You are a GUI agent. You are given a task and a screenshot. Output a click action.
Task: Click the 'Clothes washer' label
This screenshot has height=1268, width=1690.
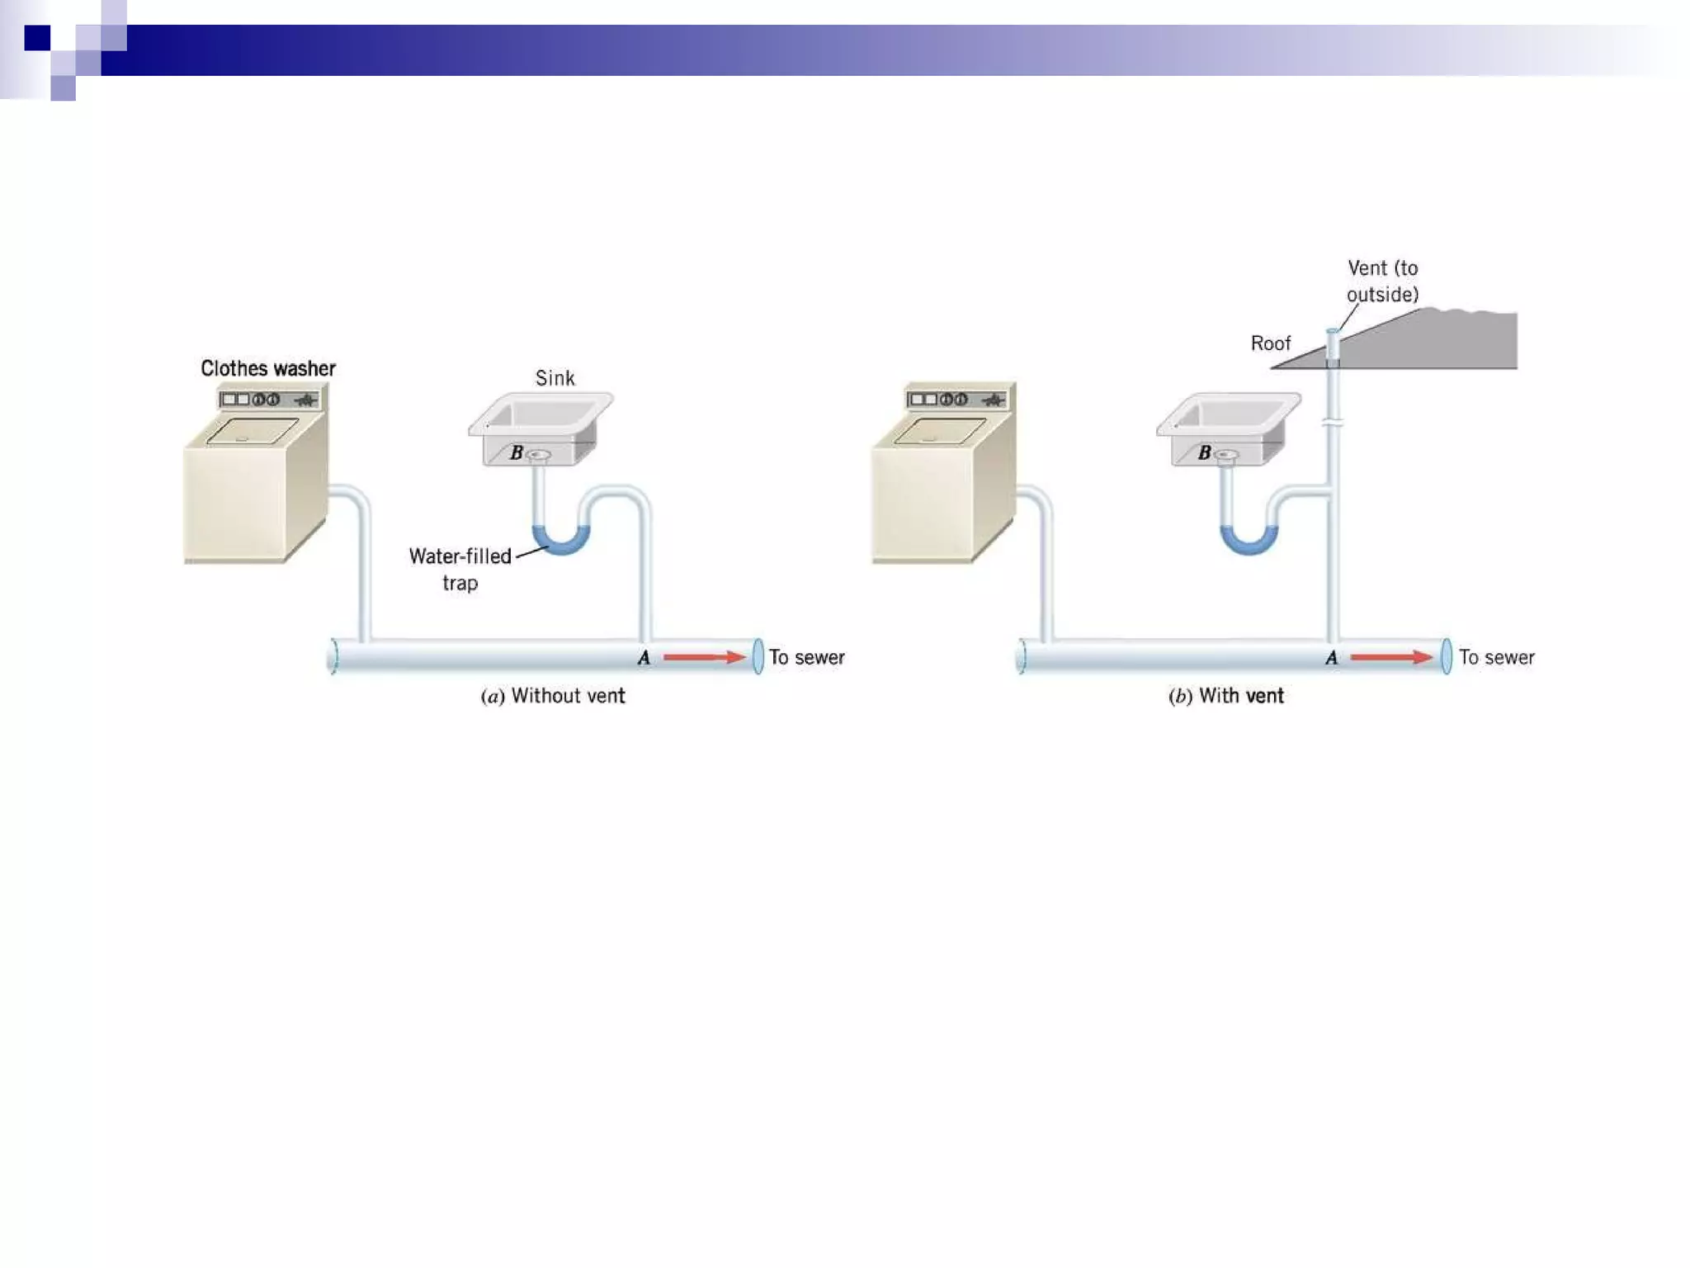pos(267,368)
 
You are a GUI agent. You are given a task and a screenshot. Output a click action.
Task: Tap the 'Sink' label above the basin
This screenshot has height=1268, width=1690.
pos(555,378)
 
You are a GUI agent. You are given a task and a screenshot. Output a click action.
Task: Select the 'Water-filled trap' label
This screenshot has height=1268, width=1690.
pos(460,569)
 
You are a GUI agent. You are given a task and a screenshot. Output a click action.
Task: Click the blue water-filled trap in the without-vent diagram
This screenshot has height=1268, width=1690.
pos(561,542)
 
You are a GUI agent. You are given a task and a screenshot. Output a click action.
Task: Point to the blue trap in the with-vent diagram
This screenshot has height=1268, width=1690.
pos(1249,542)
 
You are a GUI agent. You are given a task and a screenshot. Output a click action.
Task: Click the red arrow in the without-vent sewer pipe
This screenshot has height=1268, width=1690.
pos(704,657)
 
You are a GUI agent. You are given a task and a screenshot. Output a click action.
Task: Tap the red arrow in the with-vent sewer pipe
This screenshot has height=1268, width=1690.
pos(1391,657)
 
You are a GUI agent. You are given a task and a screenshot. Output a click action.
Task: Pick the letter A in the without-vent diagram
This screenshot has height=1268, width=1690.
pos(644,658)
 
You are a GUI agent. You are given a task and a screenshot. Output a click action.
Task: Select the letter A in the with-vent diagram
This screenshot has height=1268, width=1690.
pos(1331,658)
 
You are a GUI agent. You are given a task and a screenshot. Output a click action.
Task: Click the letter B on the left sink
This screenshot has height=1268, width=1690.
pos(517,452)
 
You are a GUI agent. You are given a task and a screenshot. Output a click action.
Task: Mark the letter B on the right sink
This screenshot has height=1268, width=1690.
pos(1205,452)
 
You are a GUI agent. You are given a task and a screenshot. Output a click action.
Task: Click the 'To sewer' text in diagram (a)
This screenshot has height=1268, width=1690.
pos(806,657)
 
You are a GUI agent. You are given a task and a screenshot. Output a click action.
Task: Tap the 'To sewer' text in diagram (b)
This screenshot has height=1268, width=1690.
pos(1496,657)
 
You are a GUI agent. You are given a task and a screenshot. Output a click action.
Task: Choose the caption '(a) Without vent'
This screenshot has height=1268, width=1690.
pos(552,696)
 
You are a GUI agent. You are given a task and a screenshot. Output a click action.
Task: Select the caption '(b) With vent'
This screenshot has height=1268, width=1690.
pos(1225,696)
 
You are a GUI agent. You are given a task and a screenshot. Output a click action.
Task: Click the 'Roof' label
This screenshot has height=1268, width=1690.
pos(1270,343)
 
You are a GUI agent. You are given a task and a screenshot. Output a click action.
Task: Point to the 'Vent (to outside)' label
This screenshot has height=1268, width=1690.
pos(1382,281)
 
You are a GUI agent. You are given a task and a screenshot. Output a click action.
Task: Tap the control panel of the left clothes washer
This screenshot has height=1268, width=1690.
pos(269,400)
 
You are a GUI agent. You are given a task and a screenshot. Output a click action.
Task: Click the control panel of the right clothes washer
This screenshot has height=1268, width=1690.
pos(956,400)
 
